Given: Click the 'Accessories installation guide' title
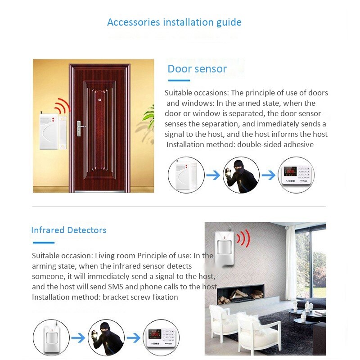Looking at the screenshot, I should coord(174,22).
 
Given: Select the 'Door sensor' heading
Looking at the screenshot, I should coord(197,69).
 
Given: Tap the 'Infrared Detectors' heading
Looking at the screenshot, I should coord(69,230).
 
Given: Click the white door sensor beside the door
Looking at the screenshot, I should coord(49,132).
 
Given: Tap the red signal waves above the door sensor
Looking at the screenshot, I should coord(62,107).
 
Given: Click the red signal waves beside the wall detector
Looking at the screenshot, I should coord(243,238).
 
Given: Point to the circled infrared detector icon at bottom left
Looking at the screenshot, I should coord(51,338).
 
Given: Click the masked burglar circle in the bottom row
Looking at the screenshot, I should coord(106,338).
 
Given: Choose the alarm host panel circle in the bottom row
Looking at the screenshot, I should coord(161,338).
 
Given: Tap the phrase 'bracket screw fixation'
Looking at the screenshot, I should coord(140,297).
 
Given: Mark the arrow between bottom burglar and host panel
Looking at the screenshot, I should coord(134,338).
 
